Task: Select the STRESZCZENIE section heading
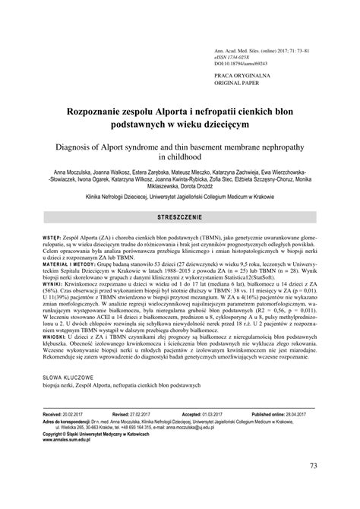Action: pyautogui.click(x=179, y=217)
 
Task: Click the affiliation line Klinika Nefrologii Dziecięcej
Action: pyautogui.click(x=180, y=195)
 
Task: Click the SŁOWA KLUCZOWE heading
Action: pyautogui.click(x=68, y=397)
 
